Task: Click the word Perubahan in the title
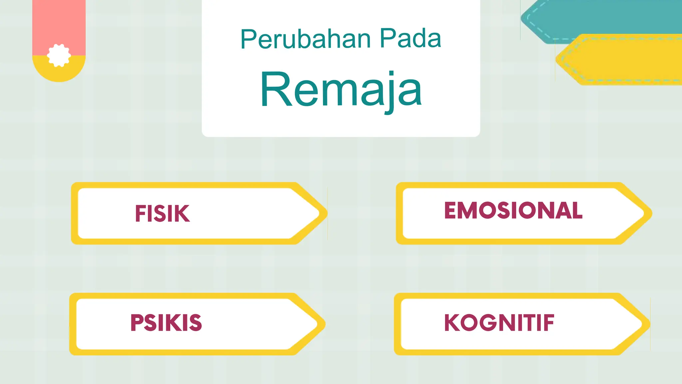pyautogui.click(x=305, y=39)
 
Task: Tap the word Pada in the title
pyautogui.click(x=410, y=39)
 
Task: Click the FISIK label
pyautogui.click(x=162, y=213)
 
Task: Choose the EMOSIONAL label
pyautogui.click(x=513, y=210)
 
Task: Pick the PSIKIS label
pyautogui.click(x=166, y=323)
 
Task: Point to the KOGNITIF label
pyautogui.click(x=499, y=323)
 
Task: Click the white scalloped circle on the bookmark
pyautogui.click(x=59, y=55)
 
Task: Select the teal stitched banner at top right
pyautogui.click(x=599, y=17)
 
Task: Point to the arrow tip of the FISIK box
pyautogui.click(x=320, y=213)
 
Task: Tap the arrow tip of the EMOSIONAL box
pyautogui.click(x=644, y=213)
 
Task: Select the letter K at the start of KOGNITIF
pyautogui.click(x=452, y=323)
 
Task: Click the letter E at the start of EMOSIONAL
pyautogui.click(x=451, y=210)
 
